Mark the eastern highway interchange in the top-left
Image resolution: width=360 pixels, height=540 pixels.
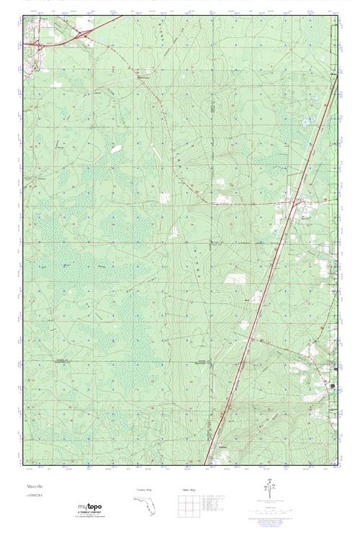84,34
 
